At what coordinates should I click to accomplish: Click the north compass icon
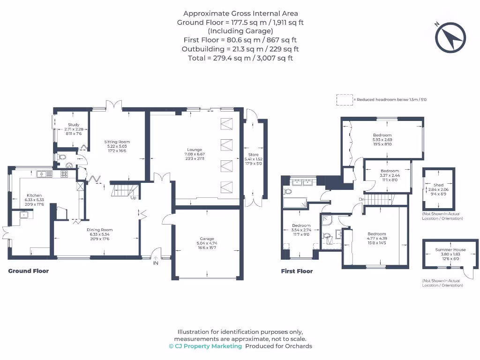tap(451, 37)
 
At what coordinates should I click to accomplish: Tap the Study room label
tap(73, 125)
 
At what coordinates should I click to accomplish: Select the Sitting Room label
tap(117, 142)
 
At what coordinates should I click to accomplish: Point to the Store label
tap(254, 155)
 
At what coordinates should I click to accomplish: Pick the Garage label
tap(207, 239)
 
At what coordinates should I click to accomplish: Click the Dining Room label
tap(100, 230)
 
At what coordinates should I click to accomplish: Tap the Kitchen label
tap(34, 195)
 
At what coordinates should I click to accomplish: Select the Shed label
tap(438, 185)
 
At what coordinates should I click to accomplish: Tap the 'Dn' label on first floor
tap(361, 199)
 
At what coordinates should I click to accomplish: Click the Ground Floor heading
tap(29, 271)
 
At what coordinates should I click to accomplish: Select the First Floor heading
tap(297, 271)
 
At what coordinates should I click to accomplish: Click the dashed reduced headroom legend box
tap(344, 100)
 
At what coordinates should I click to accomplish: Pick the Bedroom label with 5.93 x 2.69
tap(382, 135)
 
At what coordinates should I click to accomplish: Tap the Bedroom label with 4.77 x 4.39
tap(376, 234)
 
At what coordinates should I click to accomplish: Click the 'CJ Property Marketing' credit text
tap(205, 346)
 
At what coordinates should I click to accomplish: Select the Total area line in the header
tap(240, 58)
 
